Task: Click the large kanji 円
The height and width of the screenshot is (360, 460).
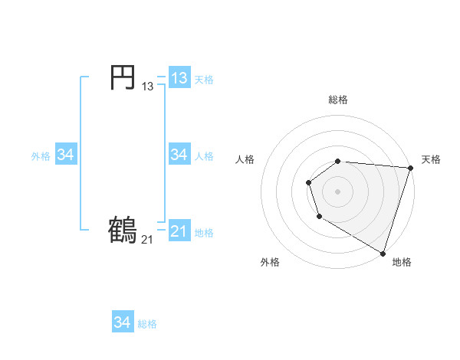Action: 123,77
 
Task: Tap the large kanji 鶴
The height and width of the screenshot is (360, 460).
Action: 123,230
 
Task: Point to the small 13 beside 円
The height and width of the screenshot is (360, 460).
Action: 147,87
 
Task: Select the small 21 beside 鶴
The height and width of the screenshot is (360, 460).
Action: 147,240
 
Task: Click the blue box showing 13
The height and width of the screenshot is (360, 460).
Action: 179,78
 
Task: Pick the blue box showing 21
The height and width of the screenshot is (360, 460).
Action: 179,231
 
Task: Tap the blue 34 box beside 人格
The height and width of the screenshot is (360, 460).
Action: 179,155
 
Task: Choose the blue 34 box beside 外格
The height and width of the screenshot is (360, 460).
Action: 65,155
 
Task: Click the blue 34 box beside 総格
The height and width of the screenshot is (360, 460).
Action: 123,322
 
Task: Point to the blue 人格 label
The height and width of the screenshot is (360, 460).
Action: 204,156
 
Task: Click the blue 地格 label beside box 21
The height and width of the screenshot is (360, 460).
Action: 204,233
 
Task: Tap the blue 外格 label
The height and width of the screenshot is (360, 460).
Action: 41,156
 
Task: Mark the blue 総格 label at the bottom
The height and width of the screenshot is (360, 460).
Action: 147,324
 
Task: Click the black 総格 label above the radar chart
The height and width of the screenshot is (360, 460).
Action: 338,100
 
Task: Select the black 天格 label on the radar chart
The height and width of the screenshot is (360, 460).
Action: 431,159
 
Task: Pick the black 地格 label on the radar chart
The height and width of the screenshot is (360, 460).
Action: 402,262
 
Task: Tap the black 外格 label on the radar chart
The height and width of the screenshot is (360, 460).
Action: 270,262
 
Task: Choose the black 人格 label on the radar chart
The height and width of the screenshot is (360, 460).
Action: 245,159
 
